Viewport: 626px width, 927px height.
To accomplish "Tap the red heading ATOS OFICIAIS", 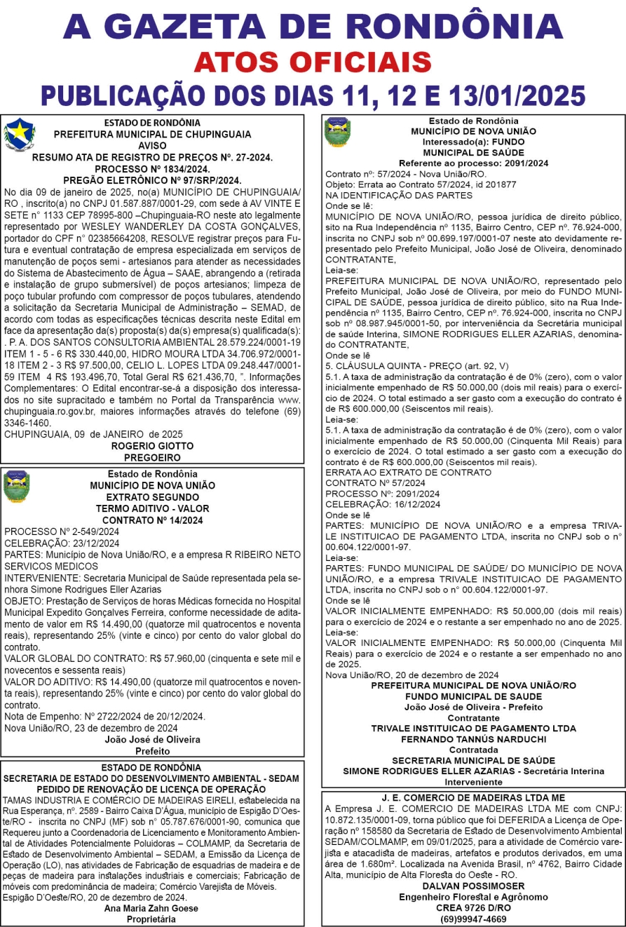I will (x=313, y=62).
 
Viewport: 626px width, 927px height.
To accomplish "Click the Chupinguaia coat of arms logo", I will (x=19, y=135).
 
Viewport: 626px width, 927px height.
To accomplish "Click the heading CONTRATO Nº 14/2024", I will (x=152, y=520).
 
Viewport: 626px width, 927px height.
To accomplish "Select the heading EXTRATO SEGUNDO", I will (x=152, y=497).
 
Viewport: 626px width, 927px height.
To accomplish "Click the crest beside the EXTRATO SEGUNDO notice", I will (x=17, y=487).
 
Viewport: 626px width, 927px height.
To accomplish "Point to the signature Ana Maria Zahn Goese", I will (x=151, y=908).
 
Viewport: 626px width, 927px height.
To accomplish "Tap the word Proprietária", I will (x=151, y=919).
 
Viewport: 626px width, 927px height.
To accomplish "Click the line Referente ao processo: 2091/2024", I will (x=473, y=163).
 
